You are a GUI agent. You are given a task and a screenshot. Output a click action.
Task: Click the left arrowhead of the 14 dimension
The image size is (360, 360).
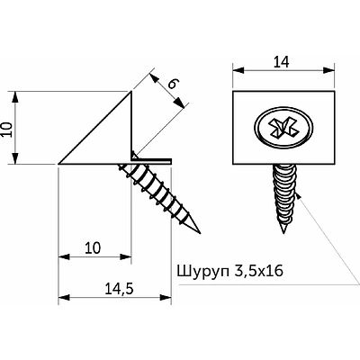237,71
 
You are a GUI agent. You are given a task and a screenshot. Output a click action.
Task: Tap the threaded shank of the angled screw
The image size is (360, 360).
162,191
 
